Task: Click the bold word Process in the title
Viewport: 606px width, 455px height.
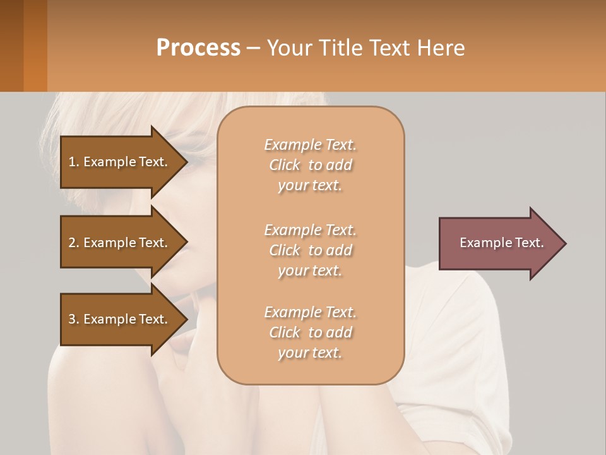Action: tap(198, 48)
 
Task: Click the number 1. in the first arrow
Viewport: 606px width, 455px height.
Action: tap(74, 162)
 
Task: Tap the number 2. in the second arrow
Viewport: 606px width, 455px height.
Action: tap(74, 243)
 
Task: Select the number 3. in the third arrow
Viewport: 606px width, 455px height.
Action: tap(74, 319)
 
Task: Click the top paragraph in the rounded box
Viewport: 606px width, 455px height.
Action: tap(310, 165)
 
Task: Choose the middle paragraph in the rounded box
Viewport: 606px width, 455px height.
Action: tap(310, 250)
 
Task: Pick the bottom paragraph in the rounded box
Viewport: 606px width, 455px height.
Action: tap(310, 332)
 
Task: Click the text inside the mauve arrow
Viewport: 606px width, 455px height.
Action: tap(501, 243)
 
